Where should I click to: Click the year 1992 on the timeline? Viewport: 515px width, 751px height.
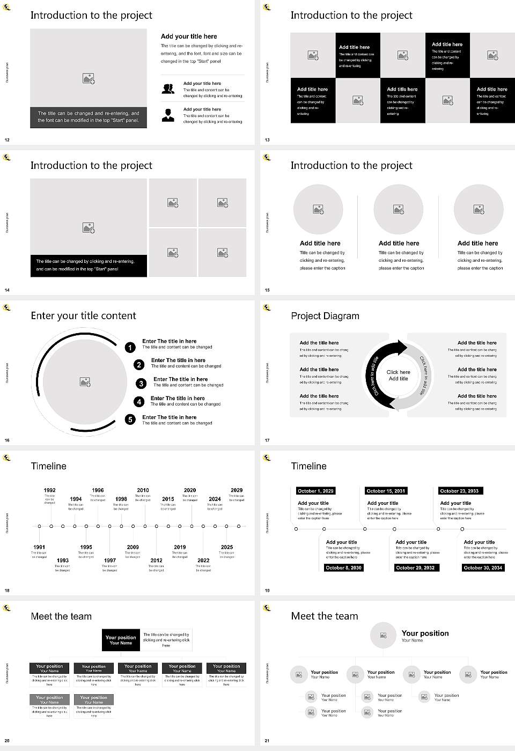tap(49, 490)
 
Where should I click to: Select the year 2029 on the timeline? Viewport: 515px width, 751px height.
tap(237, 490)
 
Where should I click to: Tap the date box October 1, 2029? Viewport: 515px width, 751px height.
tap(315, 491)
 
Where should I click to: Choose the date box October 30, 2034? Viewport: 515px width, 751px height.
tap(483, 568)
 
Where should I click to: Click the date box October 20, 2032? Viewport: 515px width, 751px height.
tap(415, 568)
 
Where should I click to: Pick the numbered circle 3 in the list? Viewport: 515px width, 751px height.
tap(141, 384)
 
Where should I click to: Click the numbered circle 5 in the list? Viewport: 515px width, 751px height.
tap(130, 419)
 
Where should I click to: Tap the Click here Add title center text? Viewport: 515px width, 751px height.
tap(398, 375)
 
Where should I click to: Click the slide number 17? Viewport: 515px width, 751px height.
tap(267, 440)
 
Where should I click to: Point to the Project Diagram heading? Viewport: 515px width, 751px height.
tap(325, 316)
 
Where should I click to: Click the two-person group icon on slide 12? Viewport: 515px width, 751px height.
tap(168, 89)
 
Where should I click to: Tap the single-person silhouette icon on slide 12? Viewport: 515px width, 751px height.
tap(168, 115)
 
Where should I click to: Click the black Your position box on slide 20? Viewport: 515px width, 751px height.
tap(121, 640)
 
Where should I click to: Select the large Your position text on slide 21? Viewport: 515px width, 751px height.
tap(425, 633)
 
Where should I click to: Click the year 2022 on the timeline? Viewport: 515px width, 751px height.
tap(203, 560)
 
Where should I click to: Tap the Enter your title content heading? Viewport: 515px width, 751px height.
tap(83, 315)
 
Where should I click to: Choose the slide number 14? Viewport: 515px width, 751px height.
tap(7, 290)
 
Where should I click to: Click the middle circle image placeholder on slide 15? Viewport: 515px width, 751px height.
tap(398, 209)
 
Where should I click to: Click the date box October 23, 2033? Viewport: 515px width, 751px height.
tap(459, 491)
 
